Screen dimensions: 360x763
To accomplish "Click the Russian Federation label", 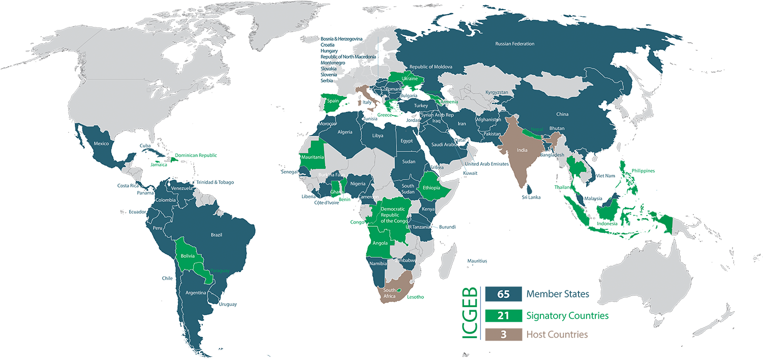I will coord(514,44).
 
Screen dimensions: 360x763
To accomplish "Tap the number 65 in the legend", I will coord(503,294).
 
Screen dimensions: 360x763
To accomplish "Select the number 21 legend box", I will coord(503,316).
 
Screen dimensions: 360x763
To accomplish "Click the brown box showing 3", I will coord(503,335).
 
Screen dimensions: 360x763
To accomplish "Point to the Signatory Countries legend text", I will coord(567,316).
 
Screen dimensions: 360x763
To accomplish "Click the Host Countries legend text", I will coord(557,335).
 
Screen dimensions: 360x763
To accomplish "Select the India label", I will coord(522,151).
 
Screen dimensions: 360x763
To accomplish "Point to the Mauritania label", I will coord(312,158).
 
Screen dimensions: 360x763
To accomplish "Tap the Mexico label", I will coord(102,144).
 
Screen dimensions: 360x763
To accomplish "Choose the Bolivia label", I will coord(187,256).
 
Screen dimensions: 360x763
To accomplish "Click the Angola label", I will coord(380,243).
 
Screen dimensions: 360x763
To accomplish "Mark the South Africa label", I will coord(389,293).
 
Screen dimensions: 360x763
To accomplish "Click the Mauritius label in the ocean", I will coord(477,261).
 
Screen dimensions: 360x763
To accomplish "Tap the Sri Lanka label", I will coord(531,197).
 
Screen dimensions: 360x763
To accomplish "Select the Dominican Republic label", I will coord(196,155).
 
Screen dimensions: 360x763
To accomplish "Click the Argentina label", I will coord(195,292).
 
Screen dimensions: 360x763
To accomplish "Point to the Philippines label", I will coord(643,171).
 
